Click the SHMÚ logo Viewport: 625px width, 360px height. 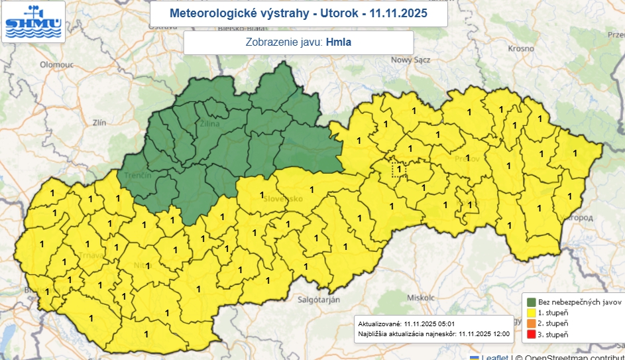click(x=33, y=21)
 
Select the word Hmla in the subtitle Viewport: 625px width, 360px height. click(x=339, y=42)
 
